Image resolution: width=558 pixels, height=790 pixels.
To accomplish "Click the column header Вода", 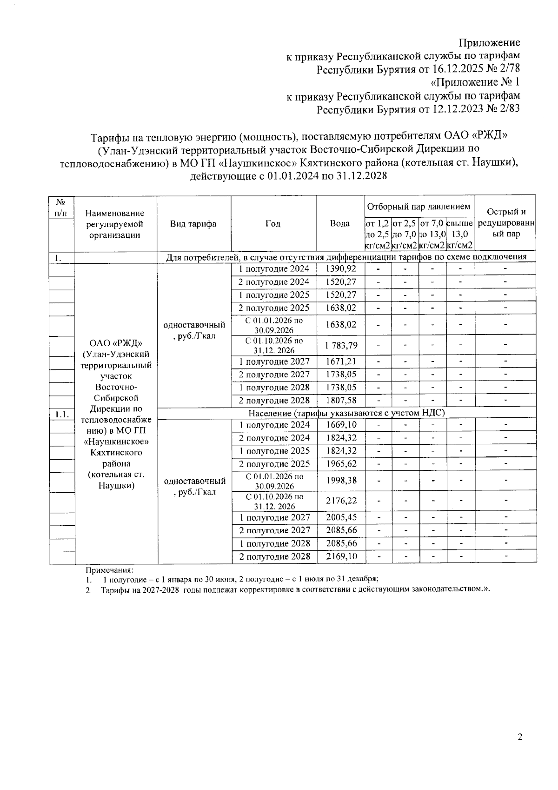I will (340, 224).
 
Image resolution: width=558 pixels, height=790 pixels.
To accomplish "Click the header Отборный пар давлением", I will (418, 207).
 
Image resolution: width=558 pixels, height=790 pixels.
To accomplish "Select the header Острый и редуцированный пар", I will (506, 223).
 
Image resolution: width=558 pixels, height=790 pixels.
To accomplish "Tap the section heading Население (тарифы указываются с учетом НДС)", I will (347, 413).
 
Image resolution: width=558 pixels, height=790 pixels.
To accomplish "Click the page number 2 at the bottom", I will (520, 737).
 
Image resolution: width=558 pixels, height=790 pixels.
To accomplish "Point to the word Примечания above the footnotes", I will (109, 570).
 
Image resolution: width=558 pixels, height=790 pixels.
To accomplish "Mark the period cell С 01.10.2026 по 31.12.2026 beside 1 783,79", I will (274, 345).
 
